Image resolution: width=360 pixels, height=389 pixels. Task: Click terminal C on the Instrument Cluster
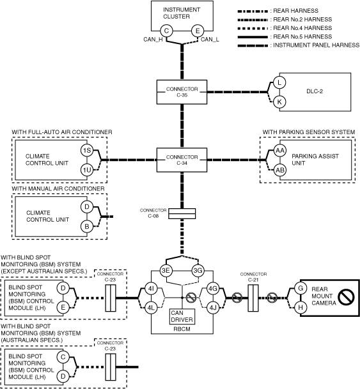point(166,31)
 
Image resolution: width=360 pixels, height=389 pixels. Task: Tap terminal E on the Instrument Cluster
point(198,31)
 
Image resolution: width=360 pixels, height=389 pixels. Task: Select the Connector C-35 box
point(182,92)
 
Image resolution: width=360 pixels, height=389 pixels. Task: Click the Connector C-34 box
point(182,160)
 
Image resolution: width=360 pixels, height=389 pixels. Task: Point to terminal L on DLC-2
point(279,82)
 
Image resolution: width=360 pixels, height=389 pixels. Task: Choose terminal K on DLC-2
point(279,102)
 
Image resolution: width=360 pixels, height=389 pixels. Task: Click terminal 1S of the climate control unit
point(87,150)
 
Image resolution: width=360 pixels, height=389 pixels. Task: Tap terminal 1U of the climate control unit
point(87,170)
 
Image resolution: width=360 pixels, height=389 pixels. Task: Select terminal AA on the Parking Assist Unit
point(280,150)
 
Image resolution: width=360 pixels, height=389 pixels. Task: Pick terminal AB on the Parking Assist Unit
point(280,170)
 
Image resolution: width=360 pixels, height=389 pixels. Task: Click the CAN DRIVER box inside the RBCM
point(182,316)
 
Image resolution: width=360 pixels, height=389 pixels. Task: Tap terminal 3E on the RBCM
point(166,270)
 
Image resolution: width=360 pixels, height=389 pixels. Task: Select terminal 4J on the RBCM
point(213,308)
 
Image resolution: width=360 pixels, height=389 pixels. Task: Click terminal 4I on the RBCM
point(151,289)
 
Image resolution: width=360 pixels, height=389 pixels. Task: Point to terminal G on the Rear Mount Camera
point(301,288)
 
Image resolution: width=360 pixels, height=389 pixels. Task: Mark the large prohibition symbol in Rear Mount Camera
point(346,297)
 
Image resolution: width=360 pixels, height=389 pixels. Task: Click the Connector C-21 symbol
point(253,298)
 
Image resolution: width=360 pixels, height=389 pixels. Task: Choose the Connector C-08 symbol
point(182,213)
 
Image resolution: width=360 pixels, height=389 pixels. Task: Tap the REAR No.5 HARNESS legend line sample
point(253,37)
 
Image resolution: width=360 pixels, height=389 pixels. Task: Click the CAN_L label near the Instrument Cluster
point(210,40)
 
